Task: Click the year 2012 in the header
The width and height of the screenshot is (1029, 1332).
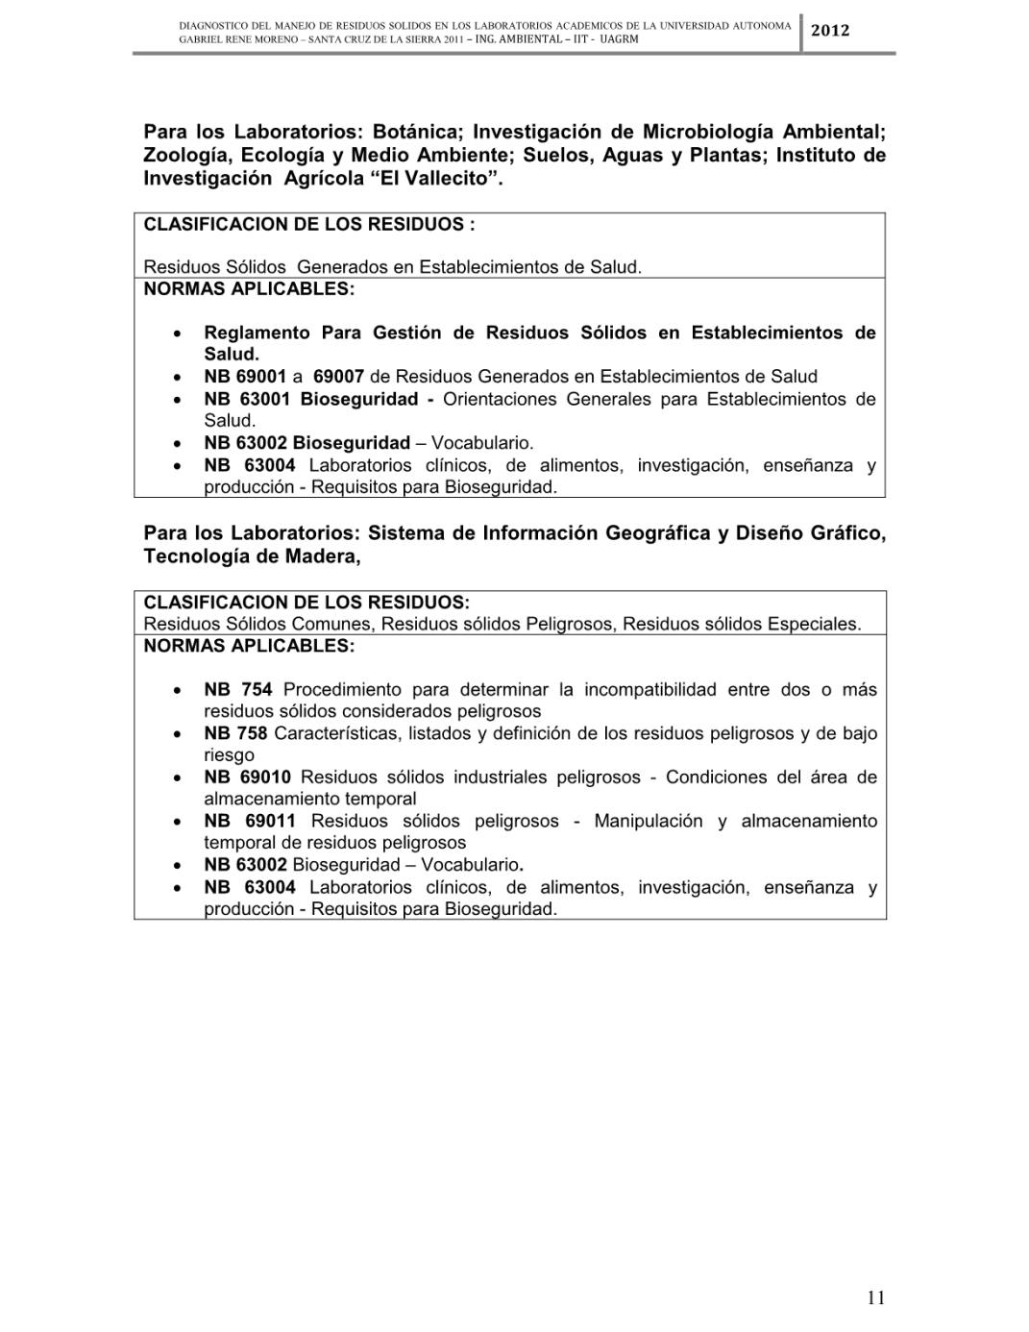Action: tap(830, 31)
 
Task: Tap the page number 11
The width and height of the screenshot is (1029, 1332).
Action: tap(875, 1297)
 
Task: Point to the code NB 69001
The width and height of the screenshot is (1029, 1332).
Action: tap(245, 377)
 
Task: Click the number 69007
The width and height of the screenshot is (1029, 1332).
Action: tap(338, 377)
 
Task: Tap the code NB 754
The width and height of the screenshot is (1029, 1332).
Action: tap(238, 689)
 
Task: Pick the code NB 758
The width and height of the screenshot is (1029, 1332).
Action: tap(235, 733)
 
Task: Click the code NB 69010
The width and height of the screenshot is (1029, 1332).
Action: tap(247, 777)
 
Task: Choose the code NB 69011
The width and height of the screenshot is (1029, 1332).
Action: tap(250, 821)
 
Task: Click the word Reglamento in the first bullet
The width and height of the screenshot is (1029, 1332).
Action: tap(257, 333)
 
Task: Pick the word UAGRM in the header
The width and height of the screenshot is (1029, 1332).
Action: tap(620, 39)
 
